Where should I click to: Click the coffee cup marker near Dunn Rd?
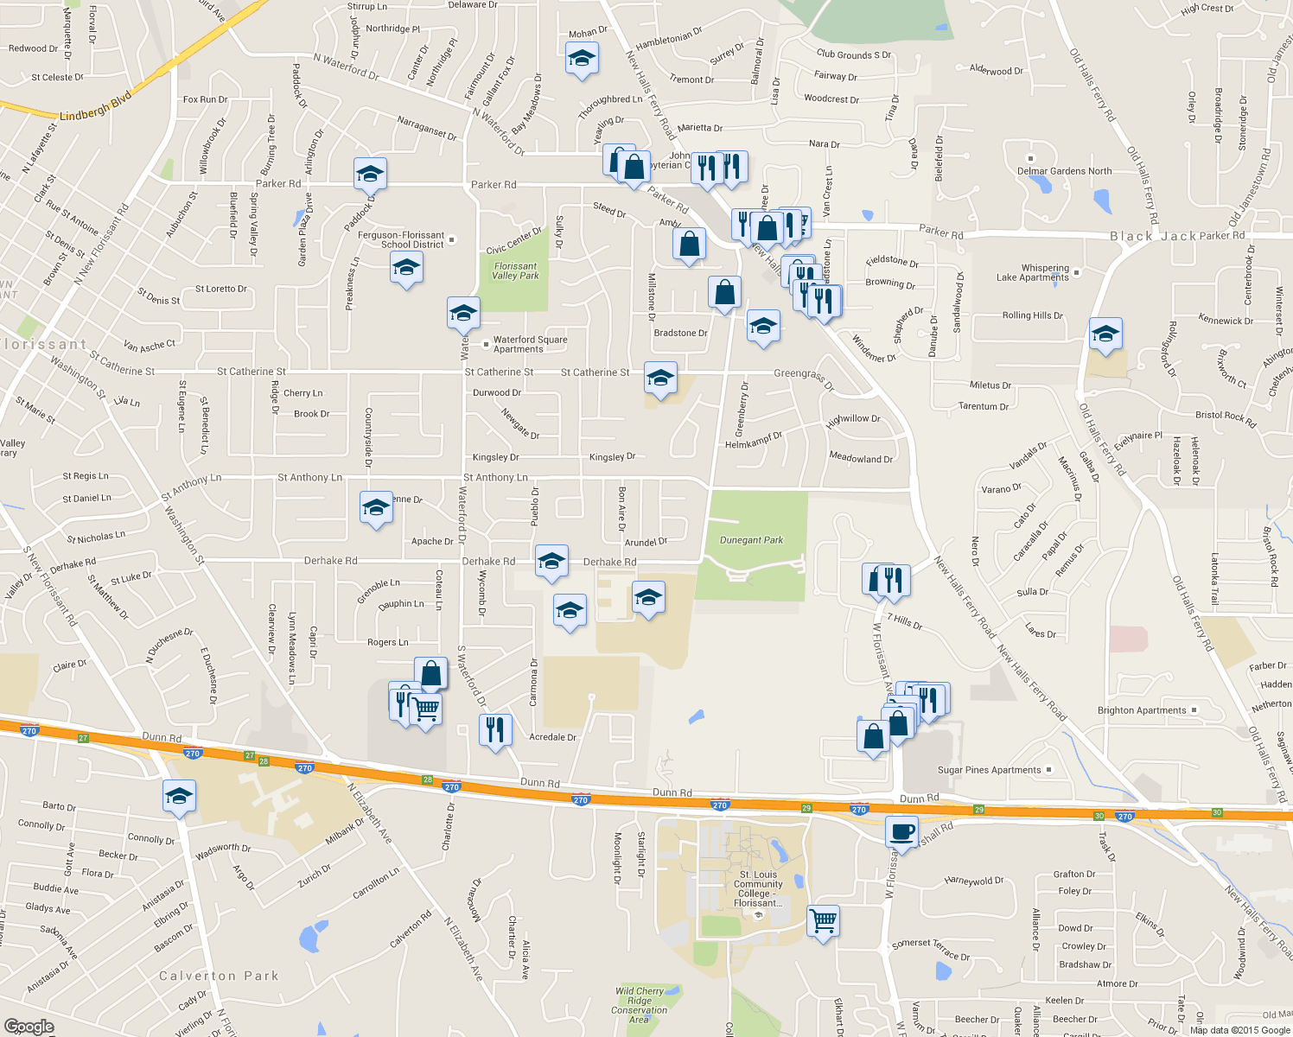901,832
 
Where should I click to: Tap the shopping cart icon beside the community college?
823,920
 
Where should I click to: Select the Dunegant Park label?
751,540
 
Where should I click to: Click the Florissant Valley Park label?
515,271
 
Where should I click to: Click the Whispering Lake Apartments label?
1033,273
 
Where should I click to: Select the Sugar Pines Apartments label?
989,770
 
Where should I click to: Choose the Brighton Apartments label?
1141,710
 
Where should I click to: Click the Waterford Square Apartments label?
530,344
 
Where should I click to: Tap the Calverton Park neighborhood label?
219,976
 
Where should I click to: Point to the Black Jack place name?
1153,236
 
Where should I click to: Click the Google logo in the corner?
29,1026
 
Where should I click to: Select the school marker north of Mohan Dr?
582,60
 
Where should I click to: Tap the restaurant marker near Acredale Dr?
495,730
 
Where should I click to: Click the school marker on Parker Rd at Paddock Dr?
370,173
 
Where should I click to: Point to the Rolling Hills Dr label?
1032,315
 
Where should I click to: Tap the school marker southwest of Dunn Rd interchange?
179,796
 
